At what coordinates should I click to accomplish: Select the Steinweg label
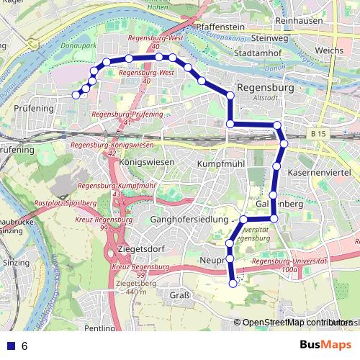click(270, 38)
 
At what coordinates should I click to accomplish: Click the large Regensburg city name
click(266, 87)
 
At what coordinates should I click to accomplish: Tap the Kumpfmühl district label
click(222, 164)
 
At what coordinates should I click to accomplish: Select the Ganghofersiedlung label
click(189, 218)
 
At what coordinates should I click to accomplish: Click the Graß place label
click(179, 295)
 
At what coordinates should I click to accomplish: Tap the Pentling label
click(99, 328)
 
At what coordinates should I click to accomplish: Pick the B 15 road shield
click(320, 133)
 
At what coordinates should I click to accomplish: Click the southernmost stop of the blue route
click(233, 284)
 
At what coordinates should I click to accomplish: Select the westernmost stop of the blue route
click(76, 94)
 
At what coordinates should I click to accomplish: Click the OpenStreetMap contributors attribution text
click(295, 323)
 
